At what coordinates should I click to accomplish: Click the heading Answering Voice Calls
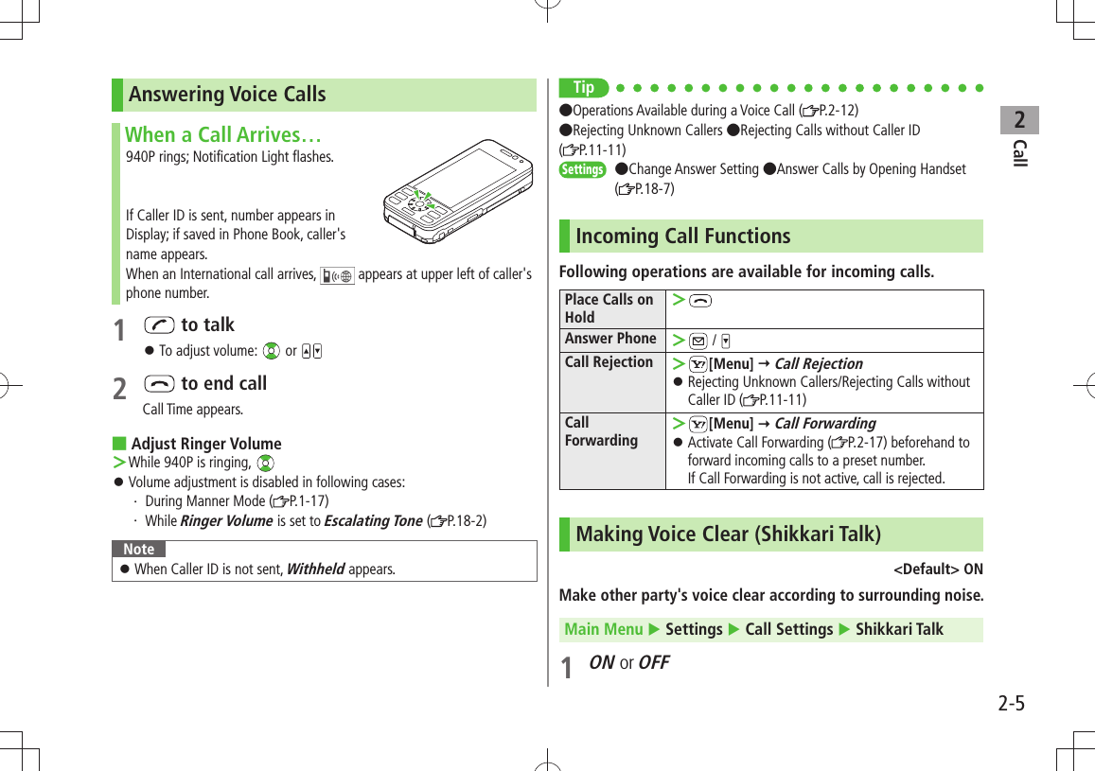227,95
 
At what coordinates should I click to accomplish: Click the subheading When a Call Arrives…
223,134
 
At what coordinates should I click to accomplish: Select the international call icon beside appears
337,275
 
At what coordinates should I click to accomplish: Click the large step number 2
119,388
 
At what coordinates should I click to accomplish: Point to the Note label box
138,550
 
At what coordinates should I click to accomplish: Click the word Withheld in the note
314,569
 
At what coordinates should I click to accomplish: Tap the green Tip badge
584,88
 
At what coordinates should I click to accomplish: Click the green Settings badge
582,170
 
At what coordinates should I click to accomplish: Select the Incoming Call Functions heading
682,237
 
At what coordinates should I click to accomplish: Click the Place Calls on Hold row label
609,308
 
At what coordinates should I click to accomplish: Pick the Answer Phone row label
610,339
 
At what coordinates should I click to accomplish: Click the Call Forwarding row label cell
601,431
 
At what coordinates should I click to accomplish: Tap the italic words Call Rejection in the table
818,363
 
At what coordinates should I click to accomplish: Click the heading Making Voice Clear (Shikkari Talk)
728,534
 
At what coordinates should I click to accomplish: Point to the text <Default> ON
937,569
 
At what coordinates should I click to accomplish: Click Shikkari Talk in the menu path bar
899,630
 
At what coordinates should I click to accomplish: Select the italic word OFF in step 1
654,663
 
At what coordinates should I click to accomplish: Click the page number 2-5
1011,704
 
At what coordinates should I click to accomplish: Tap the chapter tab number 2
1019,121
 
